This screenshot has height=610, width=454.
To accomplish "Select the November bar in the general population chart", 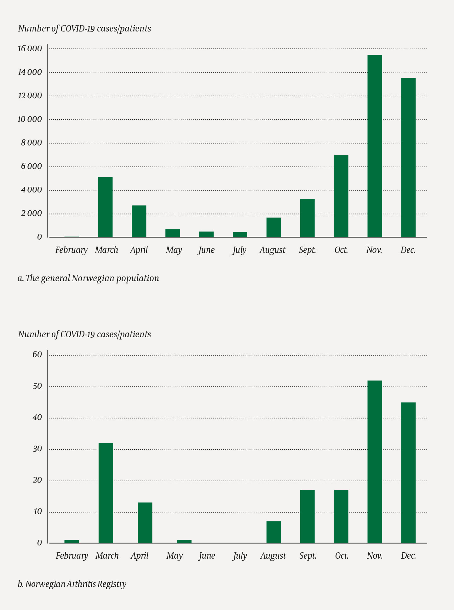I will tap(375, 146).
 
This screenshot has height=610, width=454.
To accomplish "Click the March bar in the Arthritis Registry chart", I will tap(106, 493).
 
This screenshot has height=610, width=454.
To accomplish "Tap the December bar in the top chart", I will tap(408, 157).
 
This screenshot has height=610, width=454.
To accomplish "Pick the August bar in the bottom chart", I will tap(273, 532).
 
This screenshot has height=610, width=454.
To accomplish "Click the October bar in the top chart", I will tap(341, 196).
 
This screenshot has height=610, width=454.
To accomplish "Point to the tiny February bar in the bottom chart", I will tap(72, 542).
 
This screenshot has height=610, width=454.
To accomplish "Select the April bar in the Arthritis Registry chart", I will tap(145, 523).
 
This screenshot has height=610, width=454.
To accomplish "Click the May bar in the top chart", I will tap(173, 233).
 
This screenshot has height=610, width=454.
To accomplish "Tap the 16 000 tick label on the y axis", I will tap(30, 48).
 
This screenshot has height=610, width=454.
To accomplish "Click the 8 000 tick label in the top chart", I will tap(32, 143).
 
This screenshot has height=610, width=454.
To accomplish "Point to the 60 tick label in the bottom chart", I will tap(37, 355).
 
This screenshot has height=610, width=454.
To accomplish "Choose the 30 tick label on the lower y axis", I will tap(37, 449).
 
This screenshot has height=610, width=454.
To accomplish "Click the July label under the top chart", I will tap(239, 250).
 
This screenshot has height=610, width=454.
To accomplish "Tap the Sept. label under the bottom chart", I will tap(308, 556).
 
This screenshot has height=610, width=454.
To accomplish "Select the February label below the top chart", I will tap(71, 250).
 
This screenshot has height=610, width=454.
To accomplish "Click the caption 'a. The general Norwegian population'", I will tap(88, 278).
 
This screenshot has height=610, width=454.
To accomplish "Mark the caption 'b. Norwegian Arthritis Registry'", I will tap(72, 584).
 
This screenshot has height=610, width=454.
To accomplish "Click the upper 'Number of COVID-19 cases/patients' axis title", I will tap(84, 29).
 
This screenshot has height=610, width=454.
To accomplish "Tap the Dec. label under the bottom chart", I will tap(408, 556).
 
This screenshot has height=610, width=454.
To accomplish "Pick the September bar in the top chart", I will tap(307, 218).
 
